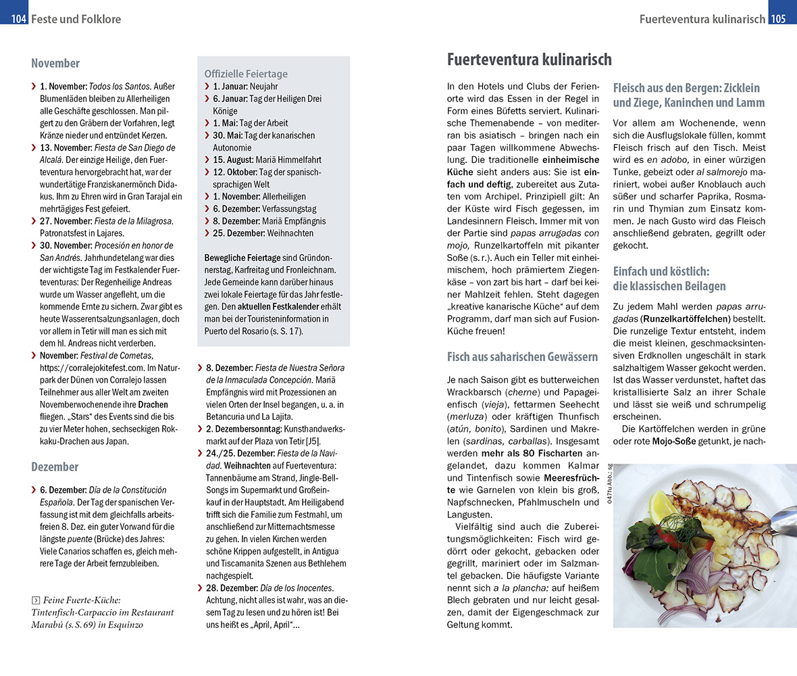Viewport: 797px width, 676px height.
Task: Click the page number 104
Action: click(x=18, y=19)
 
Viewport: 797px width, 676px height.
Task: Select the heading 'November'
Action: click(x=55, y=64)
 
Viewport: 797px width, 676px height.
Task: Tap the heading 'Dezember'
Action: click(x=55, y=466)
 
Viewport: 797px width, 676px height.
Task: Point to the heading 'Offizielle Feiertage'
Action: click(x=246, y=74)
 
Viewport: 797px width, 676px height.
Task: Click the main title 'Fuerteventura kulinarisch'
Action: click(x=530, y=59)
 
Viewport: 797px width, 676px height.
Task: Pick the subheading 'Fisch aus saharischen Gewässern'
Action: click(x=523, y=356)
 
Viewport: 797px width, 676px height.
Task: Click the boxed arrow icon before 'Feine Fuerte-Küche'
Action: click(x=36, y=600)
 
